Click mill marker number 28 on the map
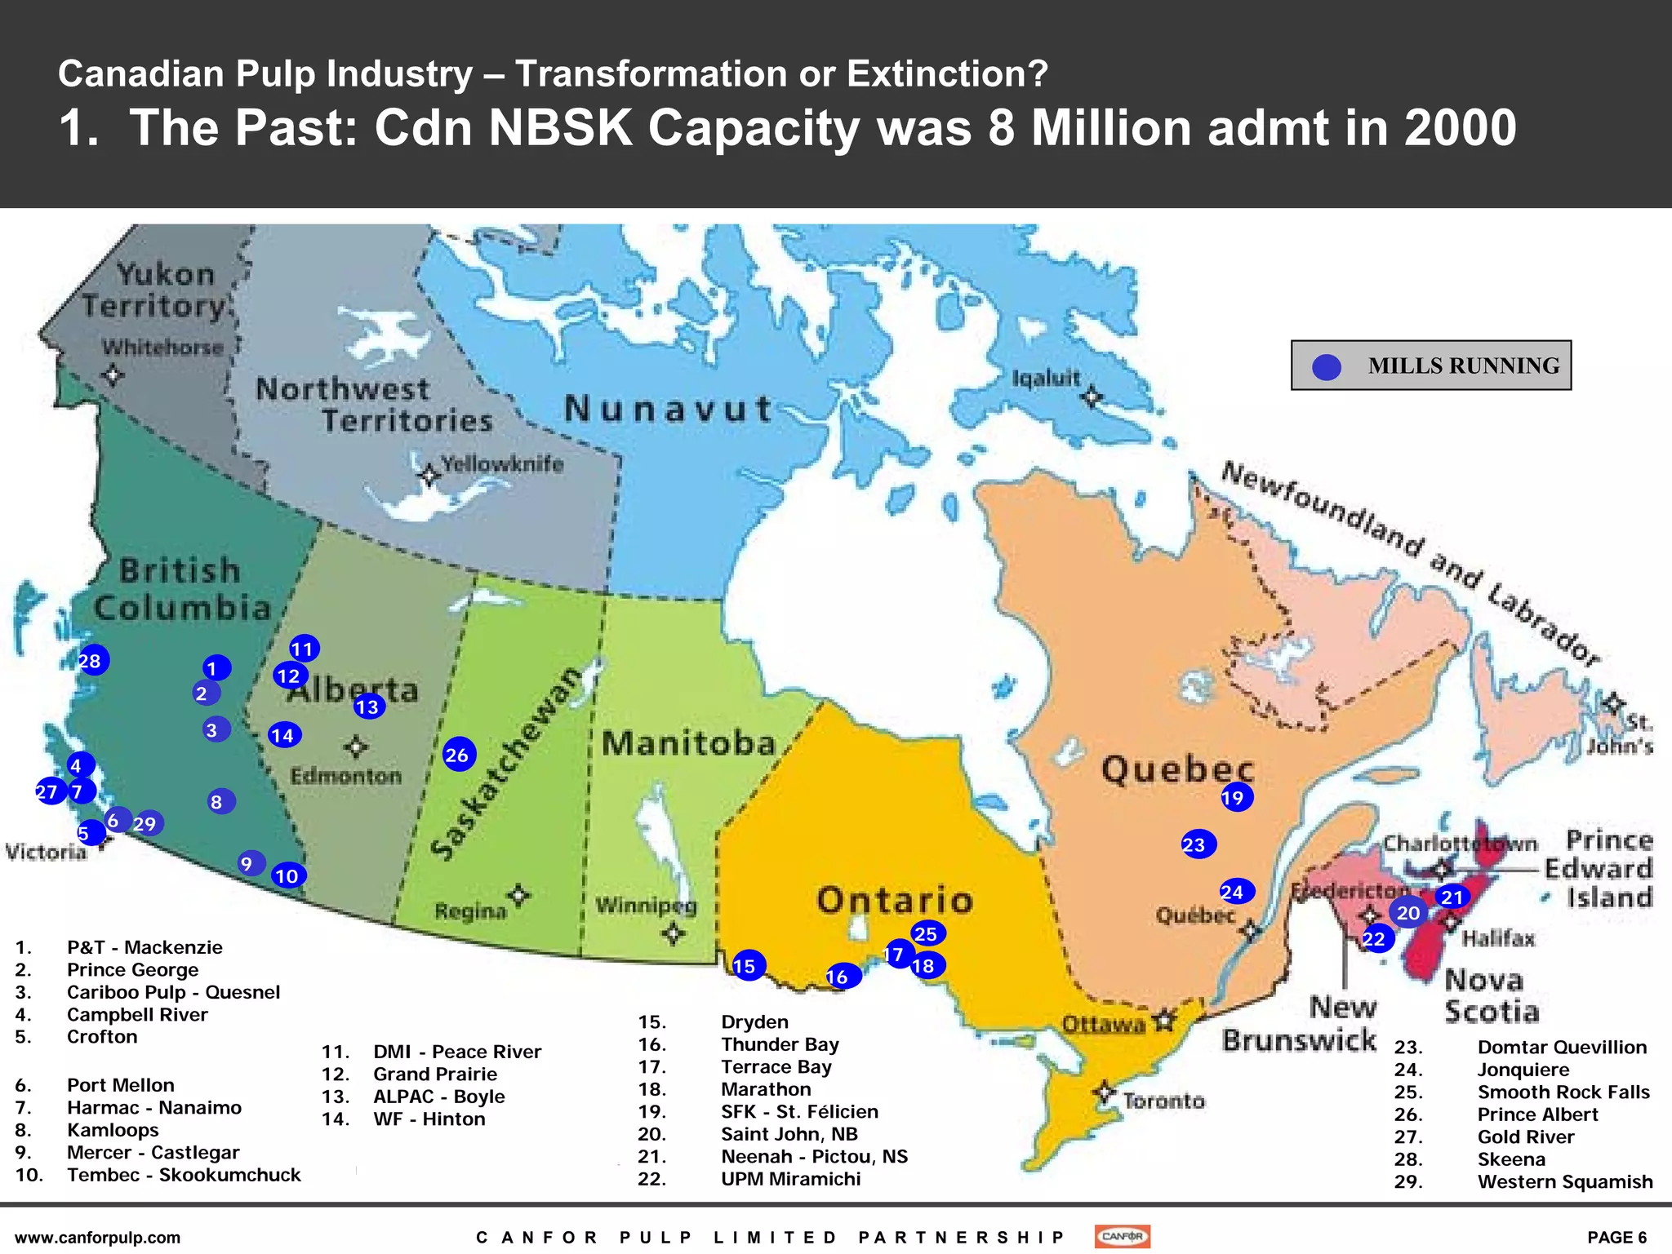(91, 660)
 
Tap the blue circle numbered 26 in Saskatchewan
(458, 755)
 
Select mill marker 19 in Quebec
(1235, 797)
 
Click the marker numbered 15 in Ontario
(747, 966)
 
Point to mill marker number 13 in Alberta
(368, 707)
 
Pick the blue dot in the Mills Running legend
(1326, 366)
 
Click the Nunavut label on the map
(668, 409)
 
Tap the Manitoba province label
(688, 743)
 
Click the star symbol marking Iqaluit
(1091, 397)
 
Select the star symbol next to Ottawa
(1164, 1019)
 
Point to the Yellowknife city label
(502, 464)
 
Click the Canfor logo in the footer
(1122, 1236)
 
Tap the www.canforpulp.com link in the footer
(98, 1238)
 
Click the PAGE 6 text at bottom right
(1616, 1238)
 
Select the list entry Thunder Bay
(780, 1044)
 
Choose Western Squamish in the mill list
(1564, 1181)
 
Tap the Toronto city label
(1163, 1101)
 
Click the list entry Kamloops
(113, 1130)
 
